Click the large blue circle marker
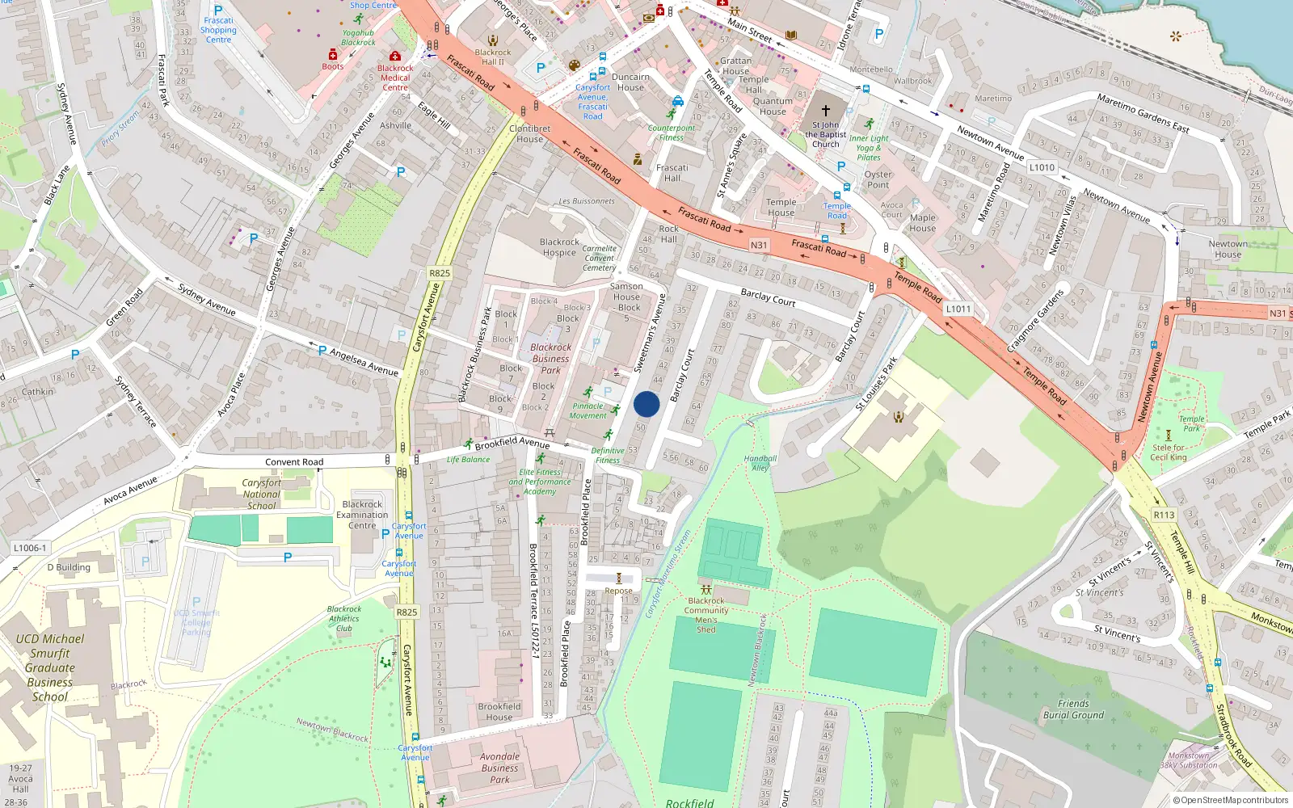(x=646, y=404)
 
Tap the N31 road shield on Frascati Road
(x=758, y=245)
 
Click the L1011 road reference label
(x=958, y=309)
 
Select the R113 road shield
(x=1164, y=515)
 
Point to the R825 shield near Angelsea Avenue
(x=440, y=273)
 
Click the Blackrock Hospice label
(x=559, y=247)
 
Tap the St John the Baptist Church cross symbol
(x=826, y=111)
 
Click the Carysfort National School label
(x=261, y=494)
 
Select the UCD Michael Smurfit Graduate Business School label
(x=50, y=667)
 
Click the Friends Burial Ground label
(x=1073, y=709)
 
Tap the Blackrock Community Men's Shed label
(x=706, y=615)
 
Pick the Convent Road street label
(x=294, y=462)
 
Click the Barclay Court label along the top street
(x=768, y=297)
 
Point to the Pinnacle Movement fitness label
(x=588, y=411)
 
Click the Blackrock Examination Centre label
(x=362, y=515)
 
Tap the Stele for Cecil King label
(x=1169, y=452)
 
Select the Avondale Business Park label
(x=499, y=768)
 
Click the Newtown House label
(x=1228, y=249)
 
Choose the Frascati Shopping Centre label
(x=218, y=30)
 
